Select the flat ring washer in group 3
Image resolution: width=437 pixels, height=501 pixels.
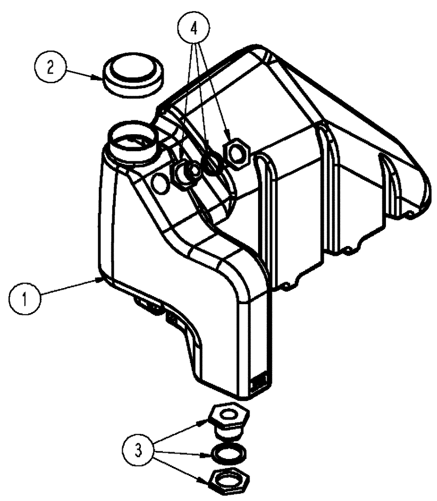(x=230, y=453)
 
